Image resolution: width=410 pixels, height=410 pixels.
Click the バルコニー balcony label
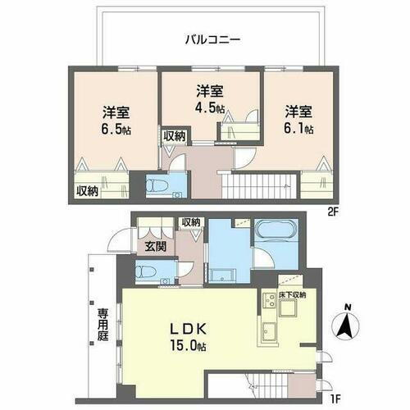(212, 38)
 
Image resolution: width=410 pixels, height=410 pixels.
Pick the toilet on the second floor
(158, 185)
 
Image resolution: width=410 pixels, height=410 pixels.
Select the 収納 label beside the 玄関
(191, 223)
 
